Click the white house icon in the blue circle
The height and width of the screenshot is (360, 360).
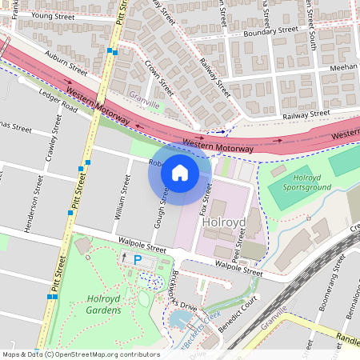[x=180, y=172]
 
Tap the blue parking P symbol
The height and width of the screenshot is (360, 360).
[x=137, y=259]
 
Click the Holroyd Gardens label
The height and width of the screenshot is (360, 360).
[x=102, y=306]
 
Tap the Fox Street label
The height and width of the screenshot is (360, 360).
[x=206, y=198]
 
